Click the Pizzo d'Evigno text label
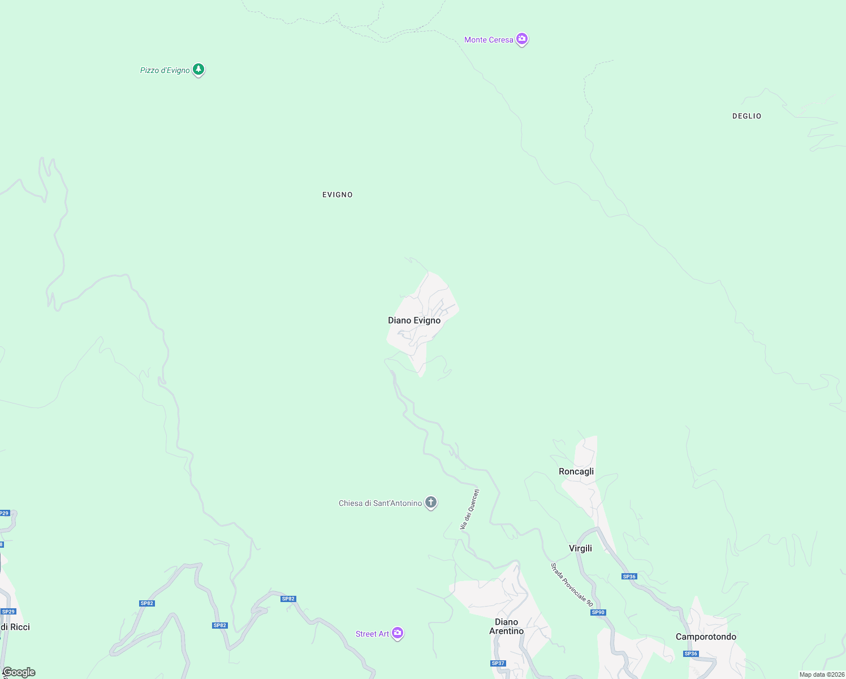click(165, 71)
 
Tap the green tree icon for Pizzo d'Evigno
click(198, 69)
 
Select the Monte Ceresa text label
click(489, 40)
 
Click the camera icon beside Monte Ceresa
click(522, 39)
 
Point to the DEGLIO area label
click(746, 116)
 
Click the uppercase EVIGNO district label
click(338, 195)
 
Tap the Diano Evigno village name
click(414, 320)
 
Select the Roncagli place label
click(576, 471)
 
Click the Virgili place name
click(580, 548)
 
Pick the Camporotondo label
click(706, 637)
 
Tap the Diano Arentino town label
click(506, 626)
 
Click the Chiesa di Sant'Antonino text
click(380, 503)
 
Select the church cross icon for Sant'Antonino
click(431, 502)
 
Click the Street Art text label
click(372, 634)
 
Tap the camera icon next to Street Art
click(398, 633)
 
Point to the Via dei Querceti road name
click(470, 509)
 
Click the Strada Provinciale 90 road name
click(572, 585)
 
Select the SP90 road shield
click(598, 612)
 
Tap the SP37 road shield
click(498, 663)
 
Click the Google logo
click(19, 672)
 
